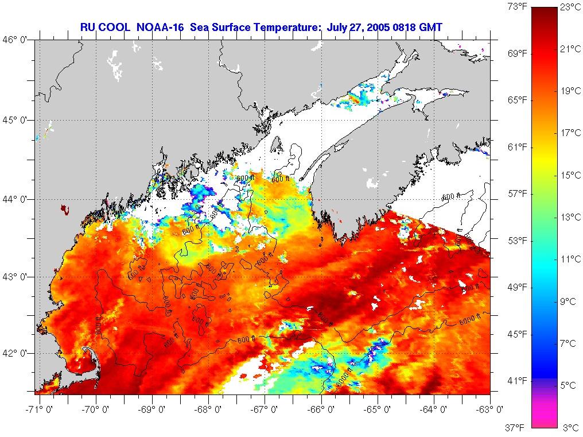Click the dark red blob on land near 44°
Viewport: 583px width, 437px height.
coord(64,209)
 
